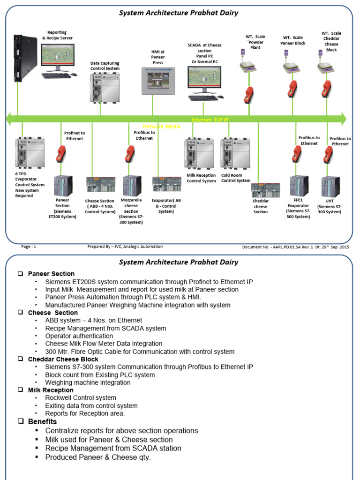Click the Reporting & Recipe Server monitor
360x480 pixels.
click(x=57, y=57)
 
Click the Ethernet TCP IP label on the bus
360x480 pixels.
click(x=210, y=120)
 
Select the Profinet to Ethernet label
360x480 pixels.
click(x=75, y=136)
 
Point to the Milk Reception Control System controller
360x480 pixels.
click(x=199, y=153)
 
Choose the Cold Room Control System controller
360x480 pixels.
click(x=235, y=153)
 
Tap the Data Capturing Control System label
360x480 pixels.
click(x=105, y=66)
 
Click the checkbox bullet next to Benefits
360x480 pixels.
click(x=21, y=421)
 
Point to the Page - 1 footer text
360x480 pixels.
click(x=29, y=247)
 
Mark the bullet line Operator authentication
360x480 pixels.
click(x=79, y=336)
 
